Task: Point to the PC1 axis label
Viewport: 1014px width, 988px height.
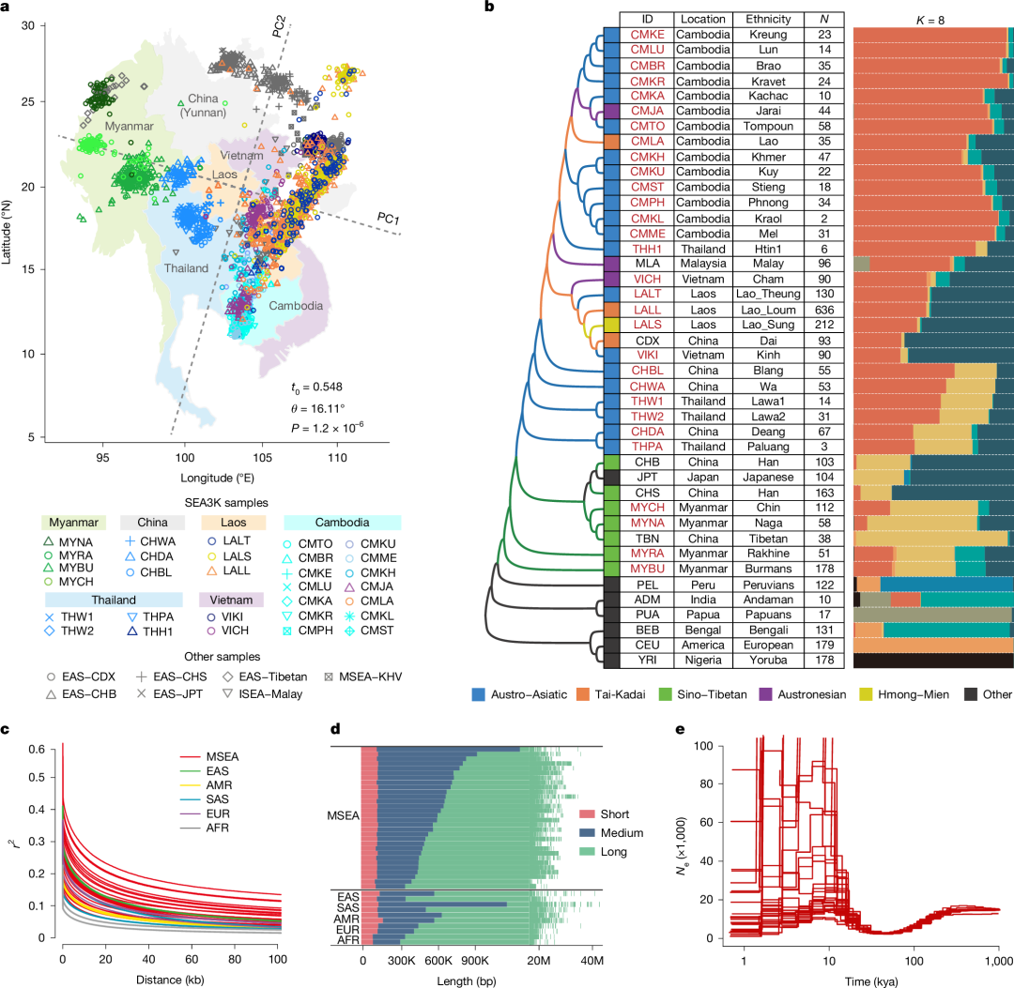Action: click(389, 218)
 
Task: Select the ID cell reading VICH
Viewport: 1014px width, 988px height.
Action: click(643, 279)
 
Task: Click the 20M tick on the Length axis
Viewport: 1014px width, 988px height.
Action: click(539, 951)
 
